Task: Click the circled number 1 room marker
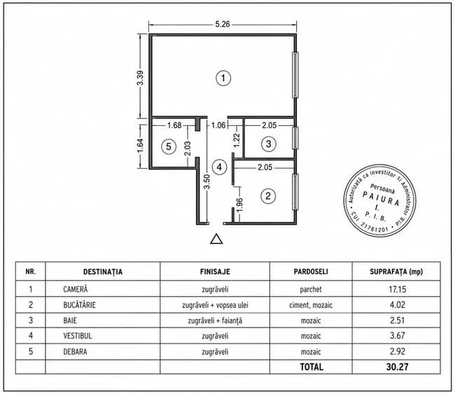[223, 78]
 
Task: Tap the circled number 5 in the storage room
[169, 146]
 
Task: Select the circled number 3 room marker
[268, 143]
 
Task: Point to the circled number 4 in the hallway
[219, 167]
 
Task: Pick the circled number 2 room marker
[268, 196]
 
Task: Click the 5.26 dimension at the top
[223, 24]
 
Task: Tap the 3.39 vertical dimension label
[141, 78]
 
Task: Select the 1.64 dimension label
[141, 146]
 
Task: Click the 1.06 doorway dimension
[218, 125]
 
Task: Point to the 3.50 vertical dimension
[206, 181]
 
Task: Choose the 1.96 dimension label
[239, 205]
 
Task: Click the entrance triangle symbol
[216, 239]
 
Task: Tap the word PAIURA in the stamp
[381, 198]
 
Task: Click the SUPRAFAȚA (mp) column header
[396, 272]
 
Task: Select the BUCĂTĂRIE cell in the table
[80, 305]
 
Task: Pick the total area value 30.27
[398, 367]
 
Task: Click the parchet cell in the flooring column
[311, 289]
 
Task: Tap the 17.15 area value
[398, 289]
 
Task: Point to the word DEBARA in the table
[75, 351]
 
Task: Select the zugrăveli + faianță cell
[215, 321]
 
